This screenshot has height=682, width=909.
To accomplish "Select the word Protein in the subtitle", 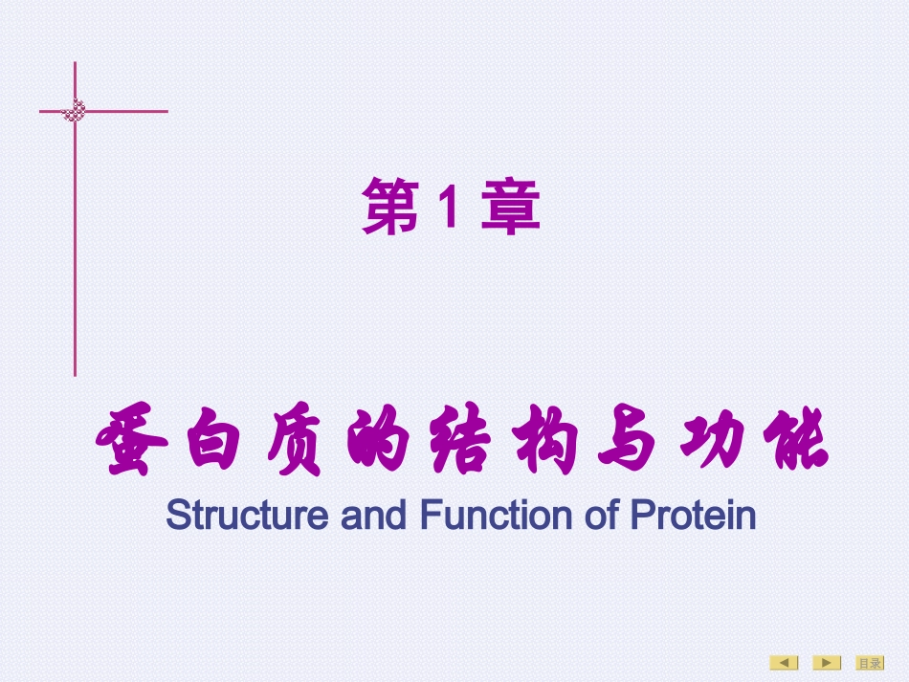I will pyautogui.click(x=693, y=516).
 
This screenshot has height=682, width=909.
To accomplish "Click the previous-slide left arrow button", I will pyautogui.click(x=785, y=663).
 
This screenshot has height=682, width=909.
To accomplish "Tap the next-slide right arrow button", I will pyautogui.click(x=827, y=663).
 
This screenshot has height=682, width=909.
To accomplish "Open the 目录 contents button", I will pyautogui.click(x=869, y=663).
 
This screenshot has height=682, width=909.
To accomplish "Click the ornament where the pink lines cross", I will pyautogui.click(x=75, y=111).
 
